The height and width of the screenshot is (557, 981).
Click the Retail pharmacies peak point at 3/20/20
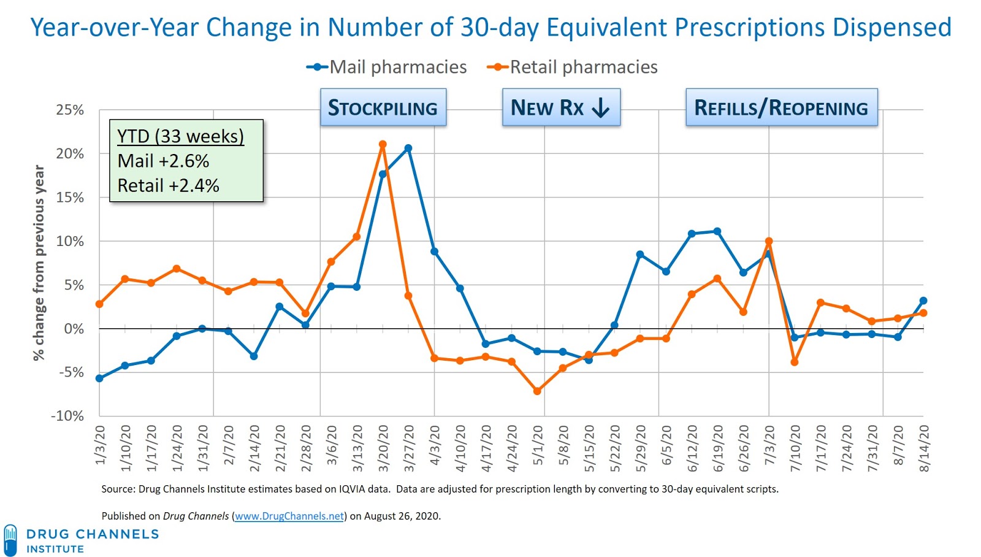(383, 145)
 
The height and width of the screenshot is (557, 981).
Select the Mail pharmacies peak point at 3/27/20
(408, 148)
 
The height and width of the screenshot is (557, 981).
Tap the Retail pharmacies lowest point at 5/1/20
(537, 391)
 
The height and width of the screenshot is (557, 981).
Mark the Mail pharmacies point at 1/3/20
(99, 378)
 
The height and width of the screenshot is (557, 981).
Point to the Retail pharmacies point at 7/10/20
(795, 363)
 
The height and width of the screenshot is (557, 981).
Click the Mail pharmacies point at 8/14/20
(923, 301)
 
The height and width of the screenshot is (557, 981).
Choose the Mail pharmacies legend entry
(387, 67)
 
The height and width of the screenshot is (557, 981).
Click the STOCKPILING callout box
(383, 107)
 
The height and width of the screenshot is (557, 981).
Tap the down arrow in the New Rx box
(601, 108)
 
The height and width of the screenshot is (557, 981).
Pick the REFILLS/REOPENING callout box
(781, 107)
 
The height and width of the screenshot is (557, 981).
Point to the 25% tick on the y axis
(70, 110)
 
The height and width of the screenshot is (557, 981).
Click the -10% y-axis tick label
(67, 416)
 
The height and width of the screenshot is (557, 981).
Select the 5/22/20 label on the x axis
(615, 448)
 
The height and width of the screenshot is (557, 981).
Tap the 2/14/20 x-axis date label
(254, 448)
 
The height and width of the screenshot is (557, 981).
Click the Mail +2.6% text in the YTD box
(163, 161)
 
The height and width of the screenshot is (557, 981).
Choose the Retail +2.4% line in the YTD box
(168, 185)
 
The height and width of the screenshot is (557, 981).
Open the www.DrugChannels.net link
(289, 516)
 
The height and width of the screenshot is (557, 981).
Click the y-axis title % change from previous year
(39, 263)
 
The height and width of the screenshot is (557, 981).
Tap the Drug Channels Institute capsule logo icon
(10, 540)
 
